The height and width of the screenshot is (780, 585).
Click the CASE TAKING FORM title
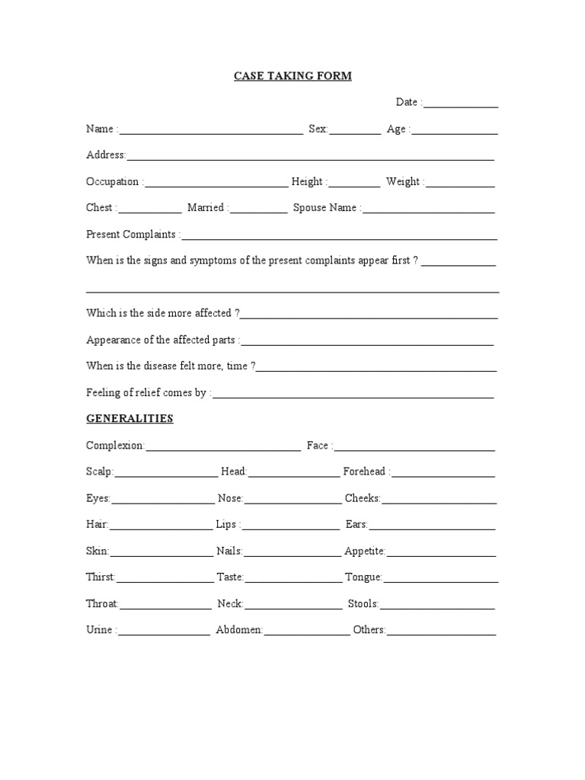292,76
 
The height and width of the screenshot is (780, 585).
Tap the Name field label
100,129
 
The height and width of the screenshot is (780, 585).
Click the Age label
398,129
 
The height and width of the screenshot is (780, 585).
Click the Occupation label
113,182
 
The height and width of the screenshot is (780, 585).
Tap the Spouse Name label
327,208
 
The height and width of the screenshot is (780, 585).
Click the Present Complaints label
133,235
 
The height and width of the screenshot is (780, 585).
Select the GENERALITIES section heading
129,419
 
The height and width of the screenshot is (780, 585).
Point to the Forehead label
366,472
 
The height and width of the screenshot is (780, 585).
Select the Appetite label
365,551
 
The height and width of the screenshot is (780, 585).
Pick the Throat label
102,604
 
